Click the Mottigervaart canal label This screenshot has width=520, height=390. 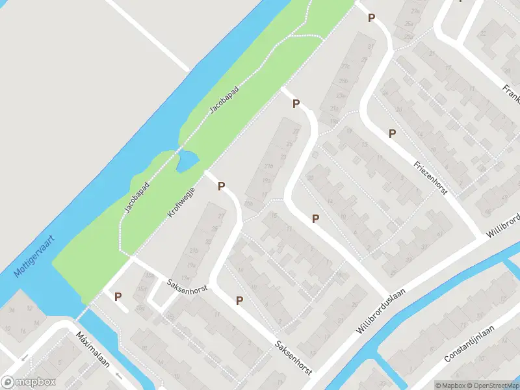(x=34, y=253)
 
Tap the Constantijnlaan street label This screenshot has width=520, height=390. (x=469, y=345)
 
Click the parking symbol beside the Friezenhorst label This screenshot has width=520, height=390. (x=392, y=133)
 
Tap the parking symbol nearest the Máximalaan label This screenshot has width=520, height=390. (x=118, y=296)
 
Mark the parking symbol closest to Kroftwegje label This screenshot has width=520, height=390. (x=221, y=187)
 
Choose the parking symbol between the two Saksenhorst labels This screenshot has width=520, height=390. (x=239, y=300)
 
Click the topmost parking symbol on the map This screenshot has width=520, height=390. (x=371, y=18)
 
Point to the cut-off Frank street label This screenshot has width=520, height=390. (x=511, y=94)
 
